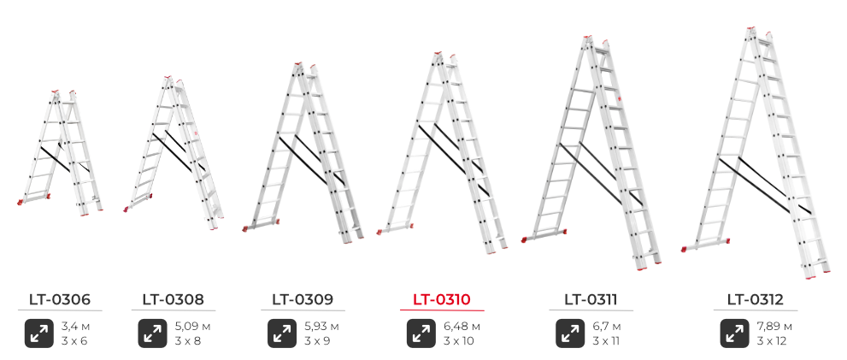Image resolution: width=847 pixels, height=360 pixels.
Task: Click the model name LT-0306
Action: coord(60,299)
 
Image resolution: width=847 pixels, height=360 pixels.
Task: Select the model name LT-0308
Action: coord(174,299)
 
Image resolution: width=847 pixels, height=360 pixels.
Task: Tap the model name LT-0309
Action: coord(303,299)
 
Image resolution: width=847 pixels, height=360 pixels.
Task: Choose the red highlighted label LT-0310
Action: coord(442,299)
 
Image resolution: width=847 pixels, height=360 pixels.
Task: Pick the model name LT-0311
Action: coord(591,299)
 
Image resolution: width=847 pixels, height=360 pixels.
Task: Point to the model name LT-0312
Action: coord(756,299)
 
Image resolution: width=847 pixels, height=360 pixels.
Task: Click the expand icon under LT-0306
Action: coord(39,333)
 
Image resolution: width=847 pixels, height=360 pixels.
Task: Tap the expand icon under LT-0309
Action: coord(282,333)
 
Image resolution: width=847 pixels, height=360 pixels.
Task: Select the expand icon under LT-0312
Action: coord(735,333)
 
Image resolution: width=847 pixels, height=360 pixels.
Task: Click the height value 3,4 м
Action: coord(74,327)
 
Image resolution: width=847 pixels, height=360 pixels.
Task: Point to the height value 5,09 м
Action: coord(192,327)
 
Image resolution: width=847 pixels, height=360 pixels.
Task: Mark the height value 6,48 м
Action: coord(462,327)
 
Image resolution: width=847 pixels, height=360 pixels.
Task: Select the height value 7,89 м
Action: coord(774,327)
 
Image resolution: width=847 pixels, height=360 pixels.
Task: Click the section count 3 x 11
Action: coord(605,341)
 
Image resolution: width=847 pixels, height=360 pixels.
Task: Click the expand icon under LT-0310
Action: coord(421,333)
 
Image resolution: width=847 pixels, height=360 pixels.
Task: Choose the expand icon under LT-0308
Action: coord(152,333)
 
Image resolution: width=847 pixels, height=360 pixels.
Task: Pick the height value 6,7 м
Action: coord(607,327)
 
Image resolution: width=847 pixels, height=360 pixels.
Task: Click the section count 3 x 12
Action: coord(772,341)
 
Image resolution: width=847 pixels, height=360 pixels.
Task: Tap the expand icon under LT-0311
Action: coord(570,333)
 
